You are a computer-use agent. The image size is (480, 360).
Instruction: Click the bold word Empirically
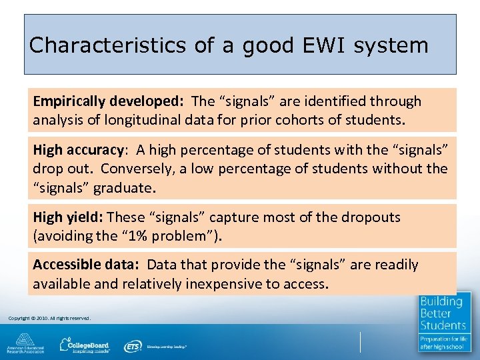pos(69,101)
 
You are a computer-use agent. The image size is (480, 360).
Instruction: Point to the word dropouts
pos(369,217)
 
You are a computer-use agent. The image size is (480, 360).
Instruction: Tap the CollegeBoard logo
pos(84,345)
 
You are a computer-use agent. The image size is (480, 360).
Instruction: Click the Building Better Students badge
pos(443,322)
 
